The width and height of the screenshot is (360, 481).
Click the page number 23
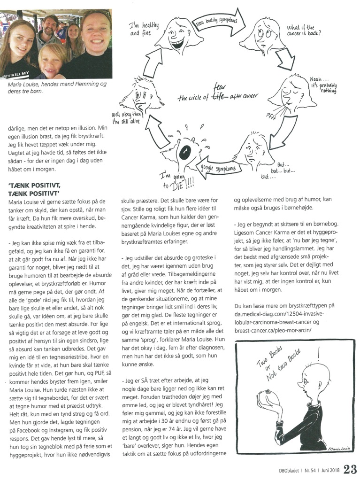[x=350, y=469]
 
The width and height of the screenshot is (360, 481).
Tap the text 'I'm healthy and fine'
[x=145, y=30]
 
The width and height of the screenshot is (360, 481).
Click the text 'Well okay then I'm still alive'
[x=126, y=118]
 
